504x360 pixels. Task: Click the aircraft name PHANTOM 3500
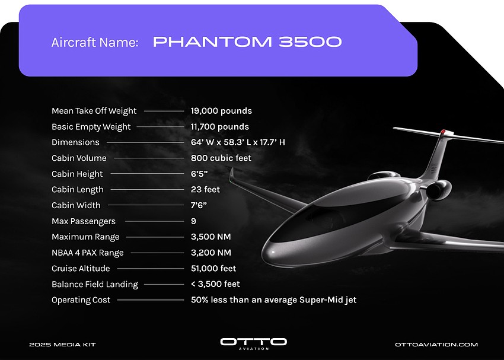pyautogui.click(x=247, y=42)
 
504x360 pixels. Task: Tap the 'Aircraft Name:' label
pyautogui.click(x=95, y=43)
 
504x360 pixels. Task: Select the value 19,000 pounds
pyautogui.click(x=221, y=111)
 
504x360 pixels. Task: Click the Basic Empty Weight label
pyautogui.click(x=91, y=127)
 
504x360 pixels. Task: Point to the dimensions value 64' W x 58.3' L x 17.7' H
pyautogui.click(x=238, y=142)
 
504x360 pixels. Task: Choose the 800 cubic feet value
pyautogui.click(x=221, y=158)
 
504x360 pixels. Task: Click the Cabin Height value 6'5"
pyautogui.click(x=199, y=174)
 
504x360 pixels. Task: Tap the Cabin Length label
pyautogui.click(x=78, y=190)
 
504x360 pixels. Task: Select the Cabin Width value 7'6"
pyautogui.click(x=199, y=205)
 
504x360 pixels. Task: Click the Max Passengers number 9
pyautogui.click(x=193, y=221)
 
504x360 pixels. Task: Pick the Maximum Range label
pyautogui.click(x=85, y=237)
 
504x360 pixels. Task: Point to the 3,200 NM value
pyautogui.click(x=211, y=253)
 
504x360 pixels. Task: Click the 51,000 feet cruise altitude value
pyautogui.click(x=213, y=269)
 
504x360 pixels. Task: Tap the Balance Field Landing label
pyautogui.click(x=95, y=285)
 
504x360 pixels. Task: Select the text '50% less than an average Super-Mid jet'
pyautogui.click(x=273, y=300)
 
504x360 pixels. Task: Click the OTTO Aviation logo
pyautogui.click(x=253, y=343)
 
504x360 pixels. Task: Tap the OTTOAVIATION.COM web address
pyautogui.click(x=436, y=345)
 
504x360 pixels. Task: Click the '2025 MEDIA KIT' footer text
pyautogui.click(x=63, y=345)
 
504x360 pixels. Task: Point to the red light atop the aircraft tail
pyautogui.click(x=444, y=132)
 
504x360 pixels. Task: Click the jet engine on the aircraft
pyautogui.click(x=438, y=190)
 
